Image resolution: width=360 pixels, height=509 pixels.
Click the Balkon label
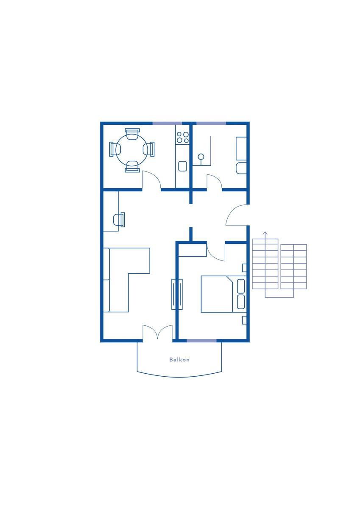click(179, 360)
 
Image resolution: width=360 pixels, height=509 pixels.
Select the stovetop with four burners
click(183, 137)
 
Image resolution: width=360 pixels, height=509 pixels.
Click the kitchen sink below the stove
click(183, 166)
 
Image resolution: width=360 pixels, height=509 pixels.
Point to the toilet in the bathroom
click(241, 168)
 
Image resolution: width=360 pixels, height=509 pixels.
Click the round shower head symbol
click(201, 157)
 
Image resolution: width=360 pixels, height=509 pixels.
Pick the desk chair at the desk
click(119, 220)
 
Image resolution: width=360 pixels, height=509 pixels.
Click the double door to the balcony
click(157, 333)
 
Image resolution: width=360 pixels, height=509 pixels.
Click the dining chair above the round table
click(132, 134)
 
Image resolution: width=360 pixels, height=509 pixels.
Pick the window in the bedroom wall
click(201, 341)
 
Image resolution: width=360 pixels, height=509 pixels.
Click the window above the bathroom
click(211, 123)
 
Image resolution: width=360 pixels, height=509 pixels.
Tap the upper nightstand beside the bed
click(244, 268)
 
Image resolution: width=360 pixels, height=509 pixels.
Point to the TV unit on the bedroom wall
click(177, 294)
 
